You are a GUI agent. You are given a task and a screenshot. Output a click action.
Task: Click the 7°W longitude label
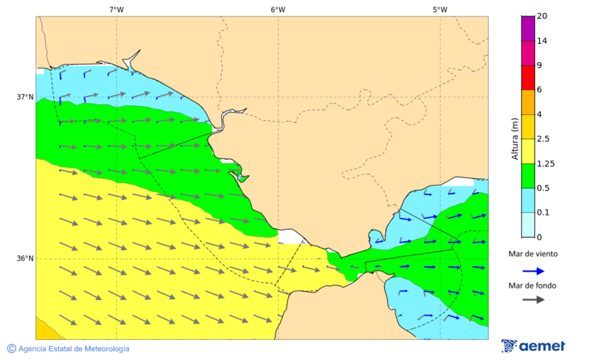(x=116, y=9)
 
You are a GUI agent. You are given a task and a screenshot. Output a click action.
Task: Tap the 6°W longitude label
(x=278, y=9)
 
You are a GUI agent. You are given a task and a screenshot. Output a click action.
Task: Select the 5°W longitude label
(x=440, y=9)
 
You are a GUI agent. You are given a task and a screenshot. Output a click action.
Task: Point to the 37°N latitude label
(x=25, y=97)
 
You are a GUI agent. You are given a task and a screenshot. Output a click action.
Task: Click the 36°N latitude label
(x=25, y=258)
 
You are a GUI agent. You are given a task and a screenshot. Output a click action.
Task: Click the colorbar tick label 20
(x=542, y=16)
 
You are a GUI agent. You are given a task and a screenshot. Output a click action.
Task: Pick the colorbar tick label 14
(x=542, y=41)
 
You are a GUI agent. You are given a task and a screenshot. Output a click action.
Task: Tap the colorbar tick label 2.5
(x=542, y=139)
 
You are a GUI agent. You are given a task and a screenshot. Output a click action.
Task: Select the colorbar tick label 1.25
(x=544, y=163)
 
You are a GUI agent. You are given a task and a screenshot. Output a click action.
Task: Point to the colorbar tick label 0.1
(x=542, y=213)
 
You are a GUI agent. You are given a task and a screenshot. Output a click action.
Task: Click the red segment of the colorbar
(x=528, y=78)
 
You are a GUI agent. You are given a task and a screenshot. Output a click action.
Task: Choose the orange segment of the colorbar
(x=528, y=102)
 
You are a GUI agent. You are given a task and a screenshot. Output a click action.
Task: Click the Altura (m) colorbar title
(x=514, y=138)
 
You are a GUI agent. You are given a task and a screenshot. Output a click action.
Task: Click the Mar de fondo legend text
(x=533, y=286)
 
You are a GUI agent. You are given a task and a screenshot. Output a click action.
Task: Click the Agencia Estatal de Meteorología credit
(x=74, y=349)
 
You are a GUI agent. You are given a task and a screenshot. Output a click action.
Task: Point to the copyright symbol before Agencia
(x=11, y=349)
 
